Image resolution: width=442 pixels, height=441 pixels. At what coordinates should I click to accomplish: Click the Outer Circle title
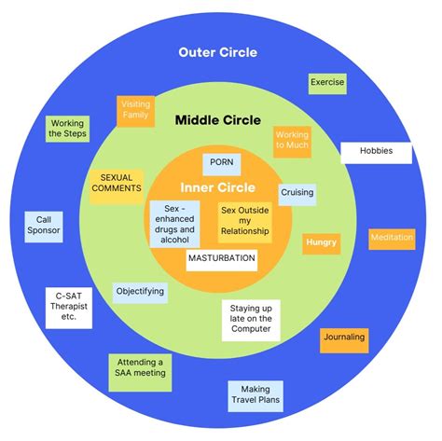(x=217, y=52)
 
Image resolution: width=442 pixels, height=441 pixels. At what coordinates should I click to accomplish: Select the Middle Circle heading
(x=219, y=120)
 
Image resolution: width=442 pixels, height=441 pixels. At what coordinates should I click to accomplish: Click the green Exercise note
(x=327, y=83)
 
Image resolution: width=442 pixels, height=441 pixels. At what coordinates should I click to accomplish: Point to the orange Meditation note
(x=392, y=238)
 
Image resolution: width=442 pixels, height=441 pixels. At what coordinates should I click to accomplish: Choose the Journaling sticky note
(x=344, y=338)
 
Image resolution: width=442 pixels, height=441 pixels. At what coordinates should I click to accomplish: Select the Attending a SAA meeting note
(x=139, y=368)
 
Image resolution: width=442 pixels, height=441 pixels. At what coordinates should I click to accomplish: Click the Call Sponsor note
(x=43, y=227)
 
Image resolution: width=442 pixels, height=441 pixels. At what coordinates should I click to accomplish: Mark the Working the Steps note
(x=67, y=130)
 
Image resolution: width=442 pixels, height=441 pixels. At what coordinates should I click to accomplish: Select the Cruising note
(x=297, y=193)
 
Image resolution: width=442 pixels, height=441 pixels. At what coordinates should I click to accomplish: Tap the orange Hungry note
(x=321, y=242)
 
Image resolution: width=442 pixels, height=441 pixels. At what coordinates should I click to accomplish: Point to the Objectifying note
(x=140, y=292)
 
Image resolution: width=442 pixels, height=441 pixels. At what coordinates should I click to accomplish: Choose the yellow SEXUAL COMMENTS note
(x=116, y=183)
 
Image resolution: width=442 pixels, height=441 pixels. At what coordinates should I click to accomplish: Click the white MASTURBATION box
(x=221, y=258)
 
